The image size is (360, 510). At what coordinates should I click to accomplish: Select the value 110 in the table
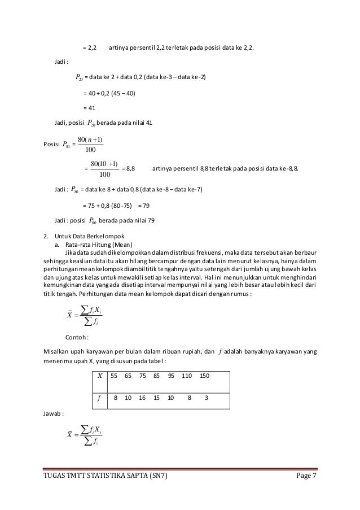[x=187, y=376]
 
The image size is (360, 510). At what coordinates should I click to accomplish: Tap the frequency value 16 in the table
[x=142, y=398]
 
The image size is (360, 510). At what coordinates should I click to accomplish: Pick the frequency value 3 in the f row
[x=207, y=398]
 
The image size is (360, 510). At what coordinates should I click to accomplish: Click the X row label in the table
[x=100, y=376]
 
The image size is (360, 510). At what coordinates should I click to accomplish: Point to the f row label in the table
[x=99, y=398]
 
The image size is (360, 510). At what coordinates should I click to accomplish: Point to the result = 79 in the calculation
[x=144, y=205]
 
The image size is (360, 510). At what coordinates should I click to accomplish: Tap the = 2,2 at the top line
[x=90, y=47]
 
